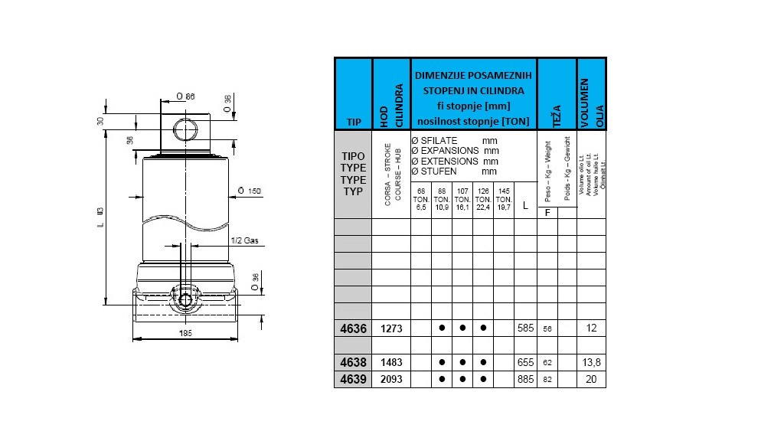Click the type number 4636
tap(353, 328)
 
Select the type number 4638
tap(353, 363)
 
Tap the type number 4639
tap(353, 379)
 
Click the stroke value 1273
tap(391, 328)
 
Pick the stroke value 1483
tap(391, 363)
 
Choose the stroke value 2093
tap(391, 379)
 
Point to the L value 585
tap(524, 328)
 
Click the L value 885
tap(524, 379)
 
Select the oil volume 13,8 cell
tap(591, 363)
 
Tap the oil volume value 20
tap(591, 379)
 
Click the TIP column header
tap(353, 122)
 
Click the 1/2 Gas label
tap(245, 240)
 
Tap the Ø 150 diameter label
tap(246, 190)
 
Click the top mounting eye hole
tap(185, 128)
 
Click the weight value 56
tap(547, 329)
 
